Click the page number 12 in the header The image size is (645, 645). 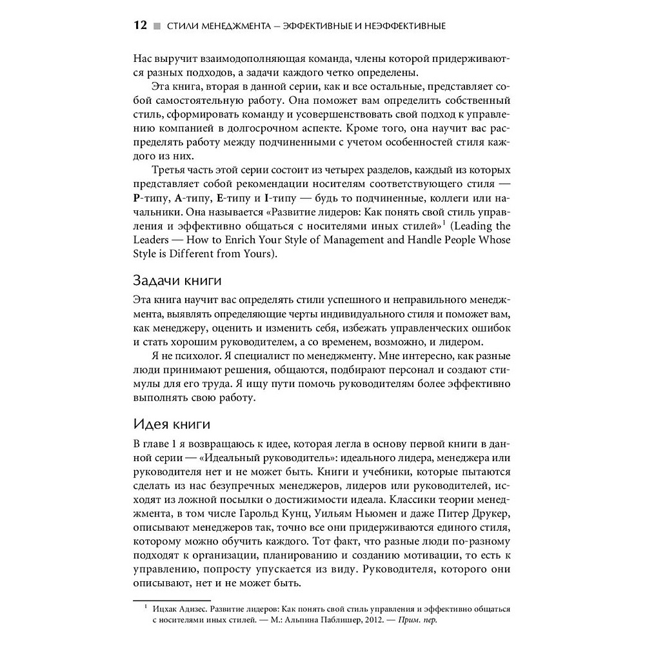141,26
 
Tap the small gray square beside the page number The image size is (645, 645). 156,26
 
